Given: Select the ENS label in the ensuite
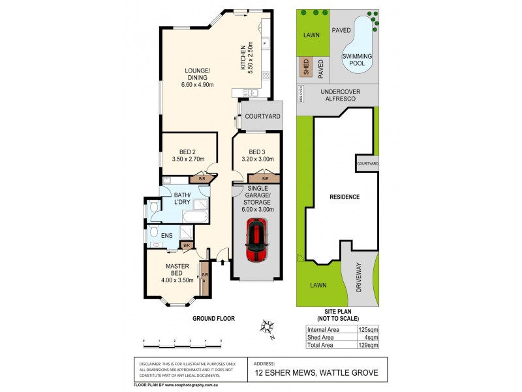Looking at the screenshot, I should [x=157, y=229].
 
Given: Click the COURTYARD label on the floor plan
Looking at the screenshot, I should [x=262, y=116].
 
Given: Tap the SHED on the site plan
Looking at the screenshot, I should [x=304, y=66].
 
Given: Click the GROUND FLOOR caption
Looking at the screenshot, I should [x=213, y=318].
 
